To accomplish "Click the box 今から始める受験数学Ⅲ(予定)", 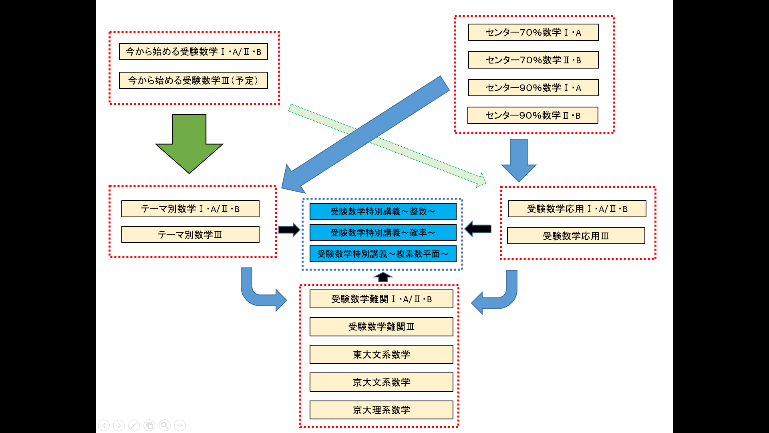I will [x=193, y=81].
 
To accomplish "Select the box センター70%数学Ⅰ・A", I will [x=533, y=32].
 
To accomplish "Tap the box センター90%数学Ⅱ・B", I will [x=533, y=115].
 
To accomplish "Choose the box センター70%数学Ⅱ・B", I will [x=533, y=60].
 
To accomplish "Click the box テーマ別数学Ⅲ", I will [x=190, y=235].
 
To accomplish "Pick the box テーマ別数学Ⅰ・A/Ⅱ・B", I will [x=190, y=209].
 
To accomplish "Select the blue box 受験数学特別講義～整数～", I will [x=383, y=212].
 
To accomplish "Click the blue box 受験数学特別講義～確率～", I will [x=383, y=233].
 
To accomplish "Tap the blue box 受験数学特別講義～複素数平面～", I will [x=383, y=254].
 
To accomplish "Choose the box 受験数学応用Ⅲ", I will [x=576, y=236].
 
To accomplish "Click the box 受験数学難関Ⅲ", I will [x=381, y=327].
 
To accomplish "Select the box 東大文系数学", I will [x=381, y=355].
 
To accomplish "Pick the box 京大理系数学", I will [x=381, y=410].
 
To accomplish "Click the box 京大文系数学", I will [x=381, y=382].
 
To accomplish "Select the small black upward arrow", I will [x=383, y=277].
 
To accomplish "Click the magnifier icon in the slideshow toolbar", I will [x=165, y=425].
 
